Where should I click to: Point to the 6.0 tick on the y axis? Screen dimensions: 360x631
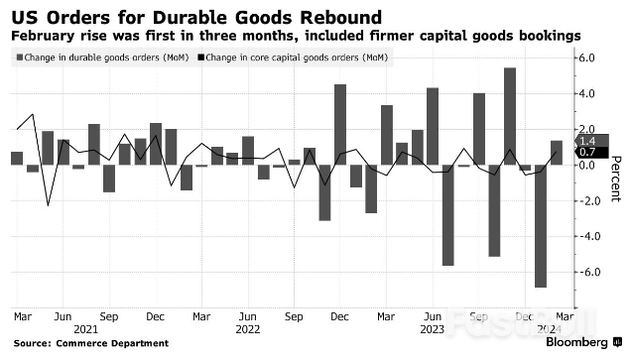pyautogui.click(x=585, y=59)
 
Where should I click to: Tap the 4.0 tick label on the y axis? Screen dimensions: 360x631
pyautogui.click(x=585, y=94)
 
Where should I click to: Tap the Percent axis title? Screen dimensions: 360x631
pyautogui.click(x=616, y=179)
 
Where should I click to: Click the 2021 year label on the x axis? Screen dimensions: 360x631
pyautogui.click(x=85, y=327)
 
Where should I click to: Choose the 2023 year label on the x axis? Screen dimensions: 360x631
pyautogui.click(x=432, y=327)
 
